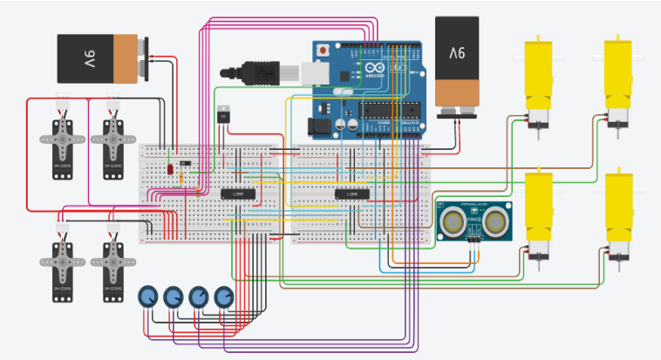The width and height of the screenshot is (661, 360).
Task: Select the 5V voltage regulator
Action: click(x=224, y=114)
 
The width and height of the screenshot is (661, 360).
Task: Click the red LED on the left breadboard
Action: click(x=168, y=169)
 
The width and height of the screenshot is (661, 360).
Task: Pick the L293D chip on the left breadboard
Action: click(x=237, y=193)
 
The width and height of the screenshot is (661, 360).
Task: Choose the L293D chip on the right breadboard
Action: click(x=352, y=193)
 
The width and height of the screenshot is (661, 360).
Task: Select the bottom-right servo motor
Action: click(x=112, y=266)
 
